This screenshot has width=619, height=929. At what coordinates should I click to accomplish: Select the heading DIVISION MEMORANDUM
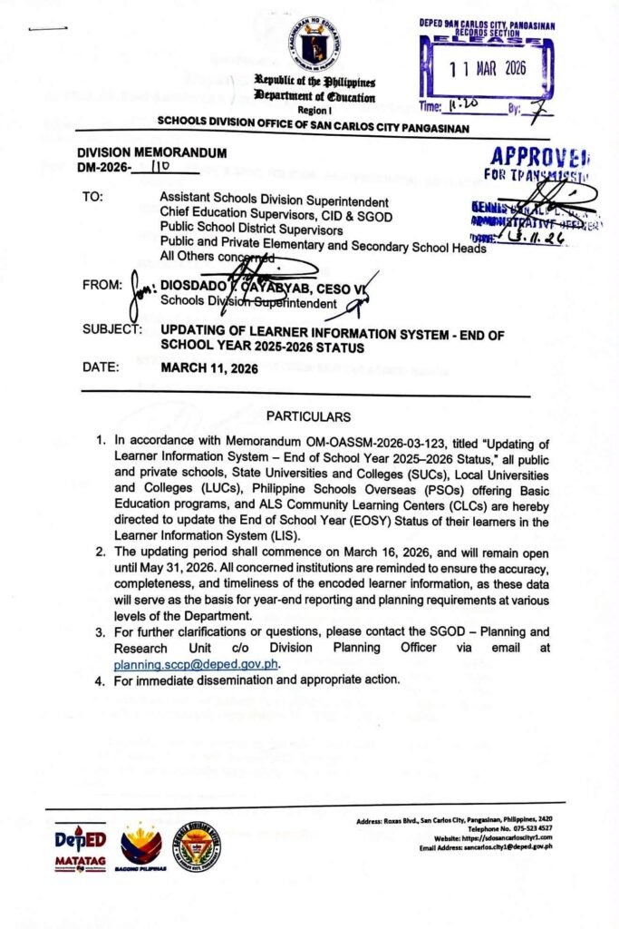[151, 153]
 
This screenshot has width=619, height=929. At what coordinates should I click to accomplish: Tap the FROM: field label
[100, 284]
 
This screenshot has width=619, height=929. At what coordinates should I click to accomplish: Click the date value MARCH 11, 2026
[209, 369]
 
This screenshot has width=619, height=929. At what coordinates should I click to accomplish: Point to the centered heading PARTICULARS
[307, 416]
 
